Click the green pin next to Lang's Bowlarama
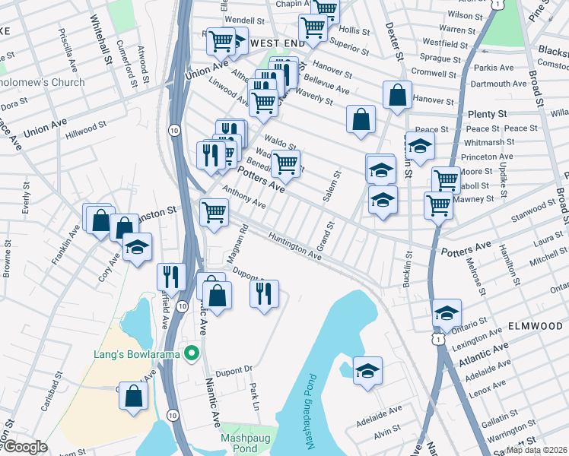click(x=192, y=353)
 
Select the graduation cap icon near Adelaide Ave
click(x=367, y=370)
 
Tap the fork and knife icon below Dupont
click(x=264, y=293)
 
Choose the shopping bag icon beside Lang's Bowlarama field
click(x=134, y=395)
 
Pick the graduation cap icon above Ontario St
click(x=447, y=312)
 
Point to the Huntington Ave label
click(x=294, y=245)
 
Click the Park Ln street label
click(x=254, y=397)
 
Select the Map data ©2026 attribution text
click(x=535, y=450)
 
